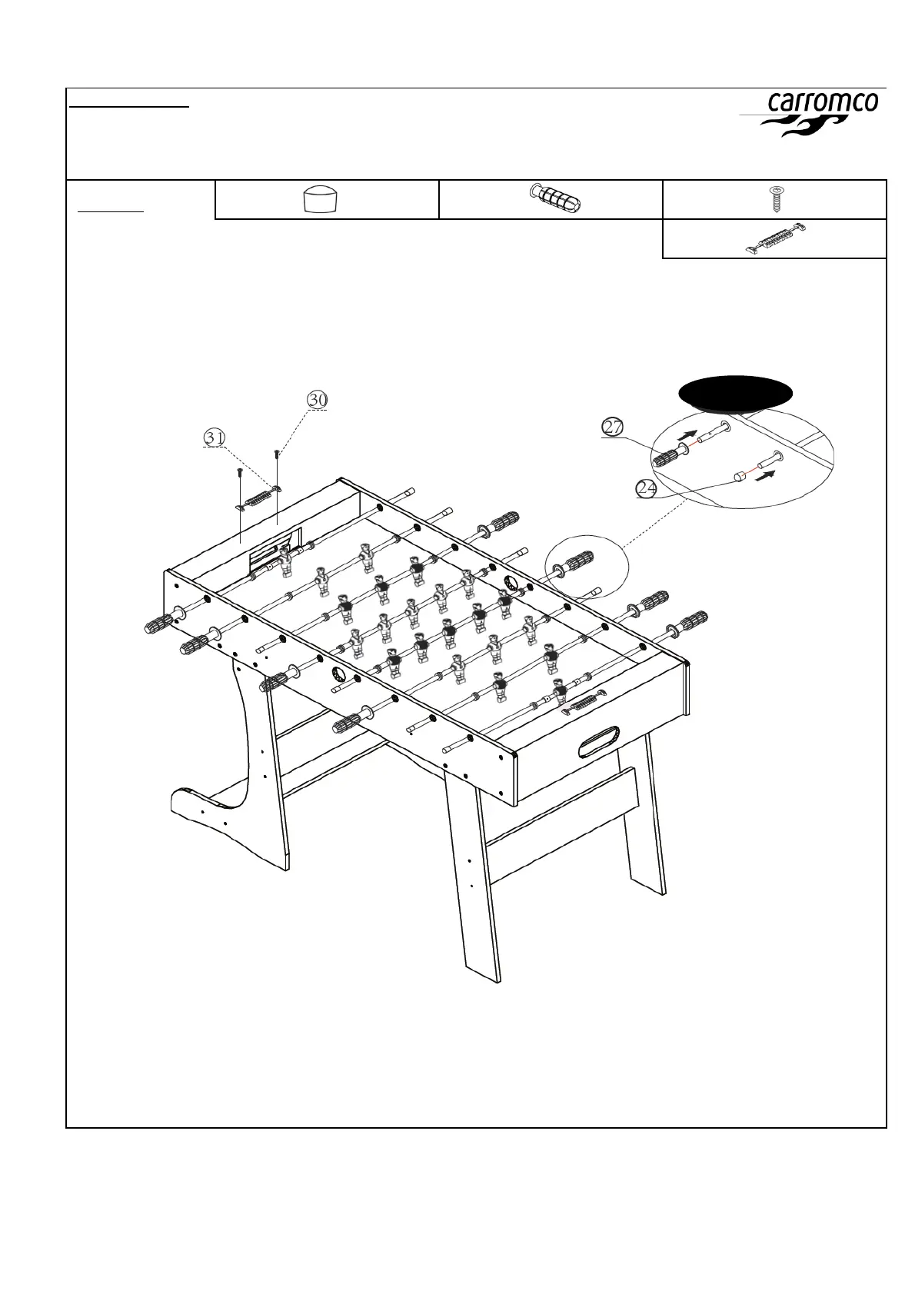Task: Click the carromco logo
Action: [822, 114]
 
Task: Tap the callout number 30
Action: [318, 400]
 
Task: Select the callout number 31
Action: [215, 437]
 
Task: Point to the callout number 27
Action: [612, 427]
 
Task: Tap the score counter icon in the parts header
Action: [776, 238]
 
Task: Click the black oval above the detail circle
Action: [735, 393]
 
